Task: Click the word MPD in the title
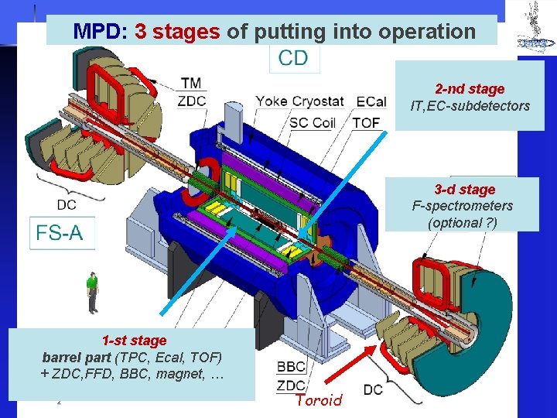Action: pos(101,31)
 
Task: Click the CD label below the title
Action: pos(293,58)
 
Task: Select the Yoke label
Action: pos(273,101)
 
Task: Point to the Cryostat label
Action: pos(319,101)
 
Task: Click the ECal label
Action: pos(373,101)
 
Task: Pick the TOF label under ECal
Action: pos(366,122)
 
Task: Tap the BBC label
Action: pos(291,367)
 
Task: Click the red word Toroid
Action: pos(318,400)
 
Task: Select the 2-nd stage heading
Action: pos(470,89)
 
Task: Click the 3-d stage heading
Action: pos(464,190)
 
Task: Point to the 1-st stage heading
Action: pos(134,341)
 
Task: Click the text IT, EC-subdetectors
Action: pos(470,106)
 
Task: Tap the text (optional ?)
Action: pos(463,222)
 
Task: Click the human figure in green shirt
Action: pos(93,292)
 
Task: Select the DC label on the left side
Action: pos(67,204)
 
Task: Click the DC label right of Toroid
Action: pos(373,389)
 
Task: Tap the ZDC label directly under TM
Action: pos(192,100)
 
